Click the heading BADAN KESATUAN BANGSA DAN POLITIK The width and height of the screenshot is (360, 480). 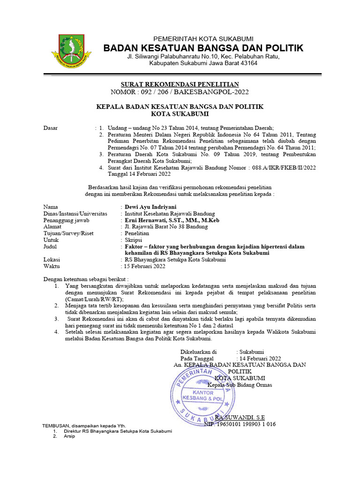coord(203,48)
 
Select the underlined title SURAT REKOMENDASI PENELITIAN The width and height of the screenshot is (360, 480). coord(180,84)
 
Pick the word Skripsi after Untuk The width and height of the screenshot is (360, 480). coord(135,240)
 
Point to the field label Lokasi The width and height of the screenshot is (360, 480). coord(52,259)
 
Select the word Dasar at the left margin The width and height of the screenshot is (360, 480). coord(51,127)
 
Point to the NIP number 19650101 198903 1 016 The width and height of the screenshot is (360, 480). coord(240,424)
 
